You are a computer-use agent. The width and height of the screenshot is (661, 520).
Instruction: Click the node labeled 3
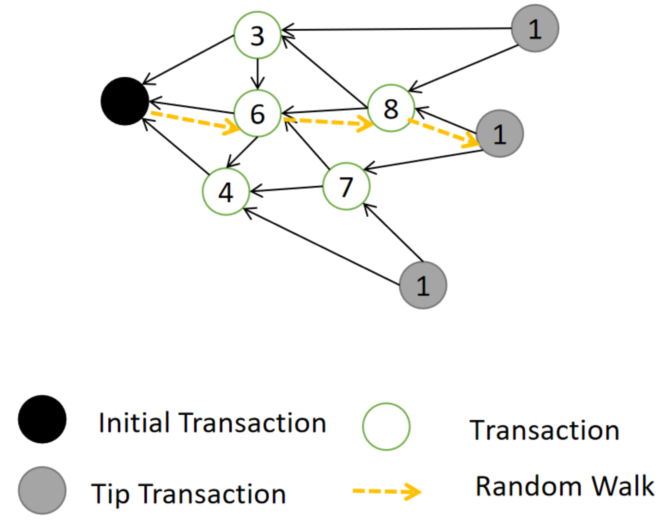[x=257, y=35]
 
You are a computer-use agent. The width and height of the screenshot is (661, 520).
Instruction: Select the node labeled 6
[x=257, y=113]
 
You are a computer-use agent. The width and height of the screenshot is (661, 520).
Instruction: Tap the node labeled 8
[x=391, y=108]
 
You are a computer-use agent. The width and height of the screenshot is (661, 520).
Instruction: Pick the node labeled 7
[x=346, y=186]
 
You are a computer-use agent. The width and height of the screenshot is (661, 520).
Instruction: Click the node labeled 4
[x=226, y=191]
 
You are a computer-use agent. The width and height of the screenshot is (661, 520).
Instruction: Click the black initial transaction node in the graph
[x=125, y=101]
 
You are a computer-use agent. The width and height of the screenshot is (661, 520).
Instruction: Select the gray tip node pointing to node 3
[x=535, y=28]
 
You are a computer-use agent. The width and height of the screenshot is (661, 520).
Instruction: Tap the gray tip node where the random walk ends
[x=499, y=133]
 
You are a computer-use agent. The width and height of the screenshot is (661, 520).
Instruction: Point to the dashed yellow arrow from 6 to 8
[x=327, y=122]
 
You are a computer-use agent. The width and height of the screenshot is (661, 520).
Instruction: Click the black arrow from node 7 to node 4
[x=286, y=189]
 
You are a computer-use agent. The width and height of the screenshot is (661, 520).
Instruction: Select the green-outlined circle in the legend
[x=386, y=426]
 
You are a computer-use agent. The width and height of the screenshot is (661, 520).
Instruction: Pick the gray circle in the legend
[x=42, y=490]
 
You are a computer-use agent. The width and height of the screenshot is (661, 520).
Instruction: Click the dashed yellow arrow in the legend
[x=387, y=491]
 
